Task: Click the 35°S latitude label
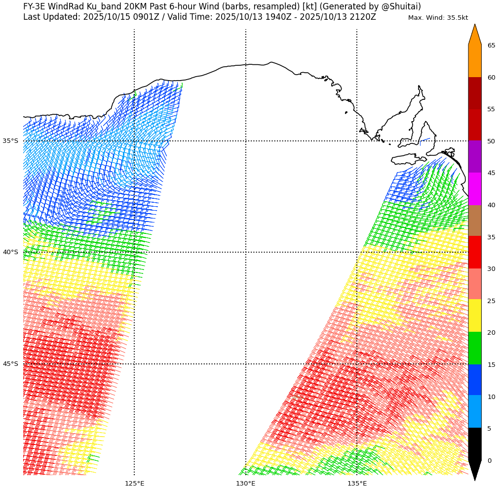[x=10, y=141]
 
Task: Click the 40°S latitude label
[x=10, y=252]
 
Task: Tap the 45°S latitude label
[x=10, y=364]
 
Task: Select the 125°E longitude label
[x=134, y=483]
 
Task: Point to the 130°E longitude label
[x=246, y=483]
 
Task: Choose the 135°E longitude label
[x=357, y=483]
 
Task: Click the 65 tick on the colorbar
[x=491, y=45]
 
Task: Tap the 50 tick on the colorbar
[x=491, y=141]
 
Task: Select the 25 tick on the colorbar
[x=491, y=301]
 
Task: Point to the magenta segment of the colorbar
[x=475, y=189]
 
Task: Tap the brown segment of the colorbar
[x=475, y=221]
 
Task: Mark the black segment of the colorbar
[x=475, y=444]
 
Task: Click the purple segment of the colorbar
[x=475, y=157]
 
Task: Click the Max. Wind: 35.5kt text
[x=438, y=18]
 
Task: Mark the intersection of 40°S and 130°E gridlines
[x=246, y=252]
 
